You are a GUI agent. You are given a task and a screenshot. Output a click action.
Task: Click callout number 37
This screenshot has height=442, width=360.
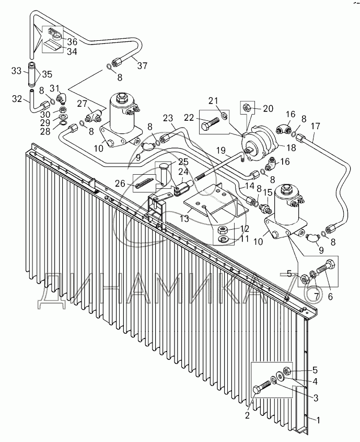point(142,66)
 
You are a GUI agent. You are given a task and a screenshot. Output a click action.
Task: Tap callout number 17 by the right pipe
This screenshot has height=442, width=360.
point(315,126)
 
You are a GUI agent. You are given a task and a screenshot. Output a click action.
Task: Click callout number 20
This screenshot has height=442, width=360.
point(269,108)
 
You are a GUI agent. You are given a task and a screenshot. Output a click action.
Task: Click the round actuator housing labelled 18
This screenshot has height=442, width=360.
point(260,142)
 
